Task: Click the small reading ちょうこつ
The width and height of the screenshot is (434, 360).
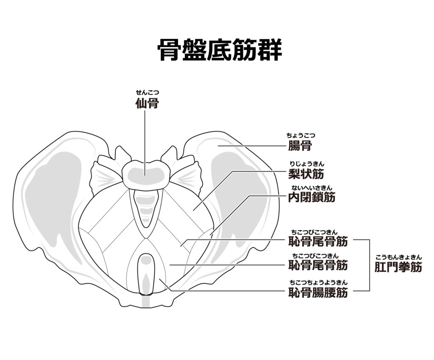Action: coord(300,136)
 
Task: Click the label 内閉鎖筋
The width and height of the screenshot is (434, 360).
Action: coord(312,197)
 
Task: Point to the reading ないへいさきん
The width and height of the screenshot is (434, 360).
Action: coord(312,187)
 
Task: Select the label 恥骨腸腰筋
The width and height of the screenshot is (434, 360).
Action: coord(317,292)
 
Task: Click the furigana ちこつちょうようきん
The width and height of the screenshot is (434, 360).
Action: coord(317,282)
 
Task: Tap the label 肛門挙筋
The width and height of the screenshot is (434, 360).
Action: coord(398,267)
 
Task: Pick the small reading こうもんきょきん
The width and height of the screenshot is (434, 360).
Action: coord(398,257)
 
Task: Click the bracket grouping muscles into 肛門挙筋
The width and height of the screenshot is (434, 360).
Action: coord(370,265)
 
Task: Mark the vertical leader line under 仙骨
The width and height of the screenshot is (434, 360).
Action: coord(145,140)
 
